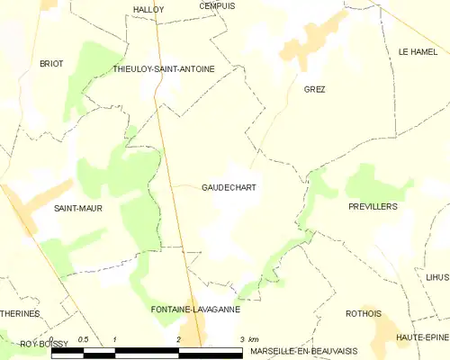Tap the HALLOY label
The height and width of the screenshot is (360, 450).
[148, 9]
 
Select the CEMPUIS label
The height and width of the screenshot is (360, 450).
[217, 5]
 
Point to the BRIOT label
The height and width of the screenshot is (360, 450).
[51, 63]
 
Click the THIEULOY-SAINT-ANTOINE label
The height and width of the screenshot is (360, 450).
[176, 68]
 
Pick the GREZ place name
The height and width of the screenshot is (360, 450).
[314, 89]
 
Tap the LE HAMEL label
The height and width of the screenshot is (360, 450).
[417, 52]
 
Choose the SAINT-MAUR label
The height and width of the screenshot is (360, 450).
[77, 208]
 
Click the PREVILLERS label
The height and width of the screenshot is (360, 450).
[373, 206]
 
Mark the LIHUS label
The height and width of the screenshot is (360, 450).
[437, 276]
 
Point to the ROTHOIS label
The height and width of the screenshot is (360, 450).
[364, 313]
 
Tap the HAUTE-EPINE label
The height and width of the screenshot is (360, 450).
[423, 336]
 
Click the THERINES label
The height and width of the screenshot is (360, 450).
[20, 313]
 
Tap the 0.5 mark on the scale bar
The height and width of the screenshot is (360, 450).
[83, 338]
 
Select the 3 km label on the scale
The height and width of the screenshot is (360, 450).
[249, 338]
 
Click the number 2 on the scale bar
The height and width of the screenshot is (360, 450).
[179, 338]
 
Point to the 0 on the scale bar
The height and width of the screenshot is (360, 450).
[53, 338]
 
